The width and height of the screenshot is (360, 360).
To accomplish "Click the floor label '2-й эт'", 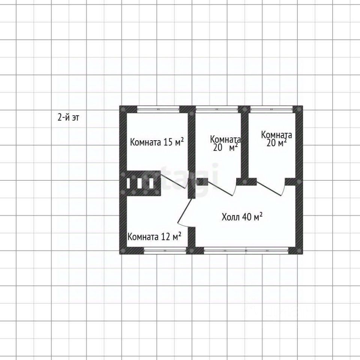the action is (68, 118).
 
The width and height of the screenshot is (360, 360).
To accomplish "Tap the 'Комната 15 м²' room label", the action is (157, 142).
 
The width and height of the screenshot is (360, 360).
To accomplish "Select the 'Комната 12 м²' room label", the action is (154, 237).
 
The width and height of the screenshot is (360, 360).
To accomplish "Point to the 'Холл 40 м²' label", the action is (241, 217).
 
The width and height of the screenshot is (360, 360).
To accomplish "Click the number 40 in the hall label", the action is (247, 217).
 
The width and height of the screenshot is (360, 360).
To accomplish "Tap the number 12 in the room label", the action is (166, 237).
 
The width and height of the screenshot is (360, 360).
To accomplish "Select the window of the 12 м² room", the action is (165, 251).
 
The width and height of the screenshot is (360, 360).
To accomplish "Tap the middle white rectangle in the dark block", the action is (140, 183).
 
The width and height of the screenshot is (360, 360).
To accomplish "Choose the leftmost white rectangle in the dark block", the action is (129, 183).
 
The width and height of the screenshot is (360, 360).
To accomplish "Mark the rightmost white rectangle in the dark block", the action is (151, 183).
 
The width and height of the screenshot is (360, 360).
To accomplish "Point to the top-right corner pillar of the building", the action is (299, 109).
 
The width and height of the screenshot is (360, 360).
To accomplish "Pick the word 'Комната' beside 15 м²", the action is (146, 142).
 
